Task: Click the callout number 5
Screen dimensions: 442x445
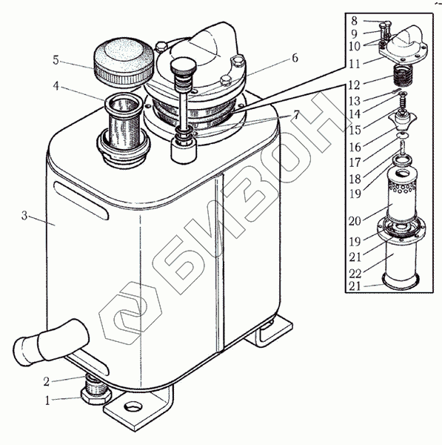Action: tap(56, 60)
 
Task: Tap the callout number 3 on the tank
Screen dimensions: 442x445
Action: tap(24, 216)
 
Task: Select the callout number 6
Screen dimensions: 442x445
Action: tap(295, 58)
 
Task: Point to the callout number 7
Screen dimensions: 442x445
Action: tap(296, 115)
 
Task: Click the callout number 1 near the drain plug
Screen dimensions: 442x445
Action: tap(47, 400)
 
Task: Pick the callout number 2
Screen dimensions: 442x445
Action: tap(47, 381)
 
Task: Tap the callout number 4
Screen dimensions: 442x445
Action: tap(56, 86)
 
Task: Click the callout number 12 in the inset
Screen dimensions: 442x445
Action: tap(355, 85)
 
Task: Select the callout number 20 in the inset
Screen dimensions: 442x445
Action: tap(355, 221)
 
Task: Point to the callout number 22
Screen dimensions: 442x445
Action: tap(355, 274)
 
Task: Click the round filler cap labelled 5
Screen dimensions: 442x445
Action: tap(123, 62)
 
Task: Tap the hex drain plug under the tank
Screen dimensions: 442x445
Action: tap(96, 392)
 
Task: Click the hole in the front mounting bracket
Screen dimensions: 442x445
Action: tap(133, 407)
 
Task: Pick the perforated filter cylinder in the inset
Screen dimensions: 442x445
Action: tap(402, 195)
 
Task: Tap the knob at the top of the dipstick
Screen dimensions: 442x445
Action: tap(184, 68)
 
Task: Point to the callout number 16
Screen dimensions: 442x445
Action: tap(355, 147)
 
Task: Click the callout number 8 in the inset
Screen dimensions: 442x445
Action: tap(355, 21)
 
